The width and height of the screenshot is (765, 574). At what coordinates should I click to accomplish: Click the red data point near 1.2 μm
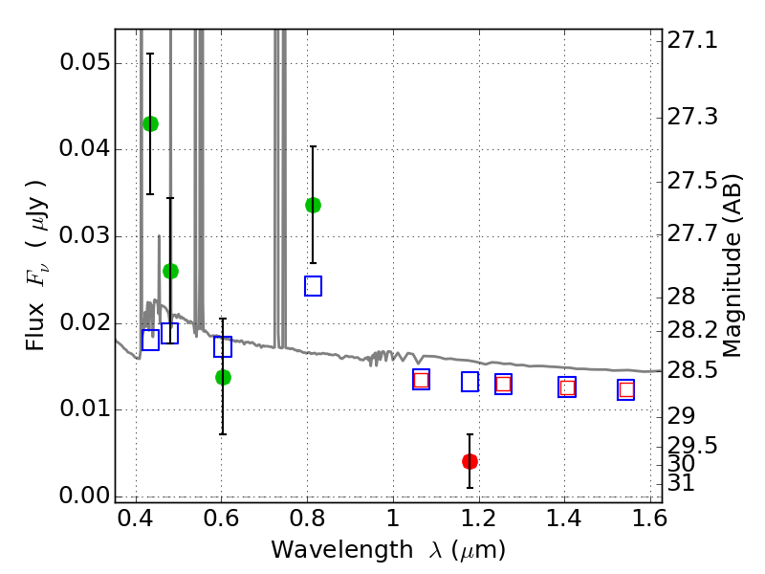coord(470,461)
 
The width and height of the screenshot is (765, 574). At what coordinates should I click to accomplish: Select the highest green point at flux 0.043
coord(150,123)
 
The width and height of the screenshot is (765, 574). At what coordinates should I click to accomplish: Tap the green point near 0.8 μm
coord(313,205)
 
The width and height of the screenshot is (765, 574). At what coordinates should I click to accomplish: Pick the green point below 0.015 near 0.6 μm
coord(223,377)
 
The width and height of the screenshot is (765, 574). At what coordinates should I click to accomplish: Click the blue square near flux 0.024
coord(313,286)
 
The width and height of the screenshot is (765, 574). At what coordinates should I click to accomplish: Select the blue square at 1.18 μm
coord(470,382)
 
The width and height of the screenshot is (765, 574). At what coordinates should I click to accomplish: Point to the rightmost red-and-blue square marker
coord(626,389)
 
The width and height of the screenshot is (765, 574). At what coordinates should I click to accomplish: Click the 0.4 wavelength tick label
coord(136,523)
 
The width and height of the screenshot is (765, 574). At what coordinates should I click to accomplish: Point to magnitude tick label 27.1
coord(695,41)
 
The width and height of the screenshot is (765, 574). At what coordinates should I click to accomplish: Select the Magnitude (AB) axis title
coord(733,265)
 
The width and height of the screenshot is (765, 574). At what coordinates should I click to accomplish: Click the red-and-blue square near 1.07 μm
coord(421,380)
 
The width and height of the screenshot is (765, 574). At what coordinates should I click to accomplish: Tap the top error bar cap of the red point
coord(470,434)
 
